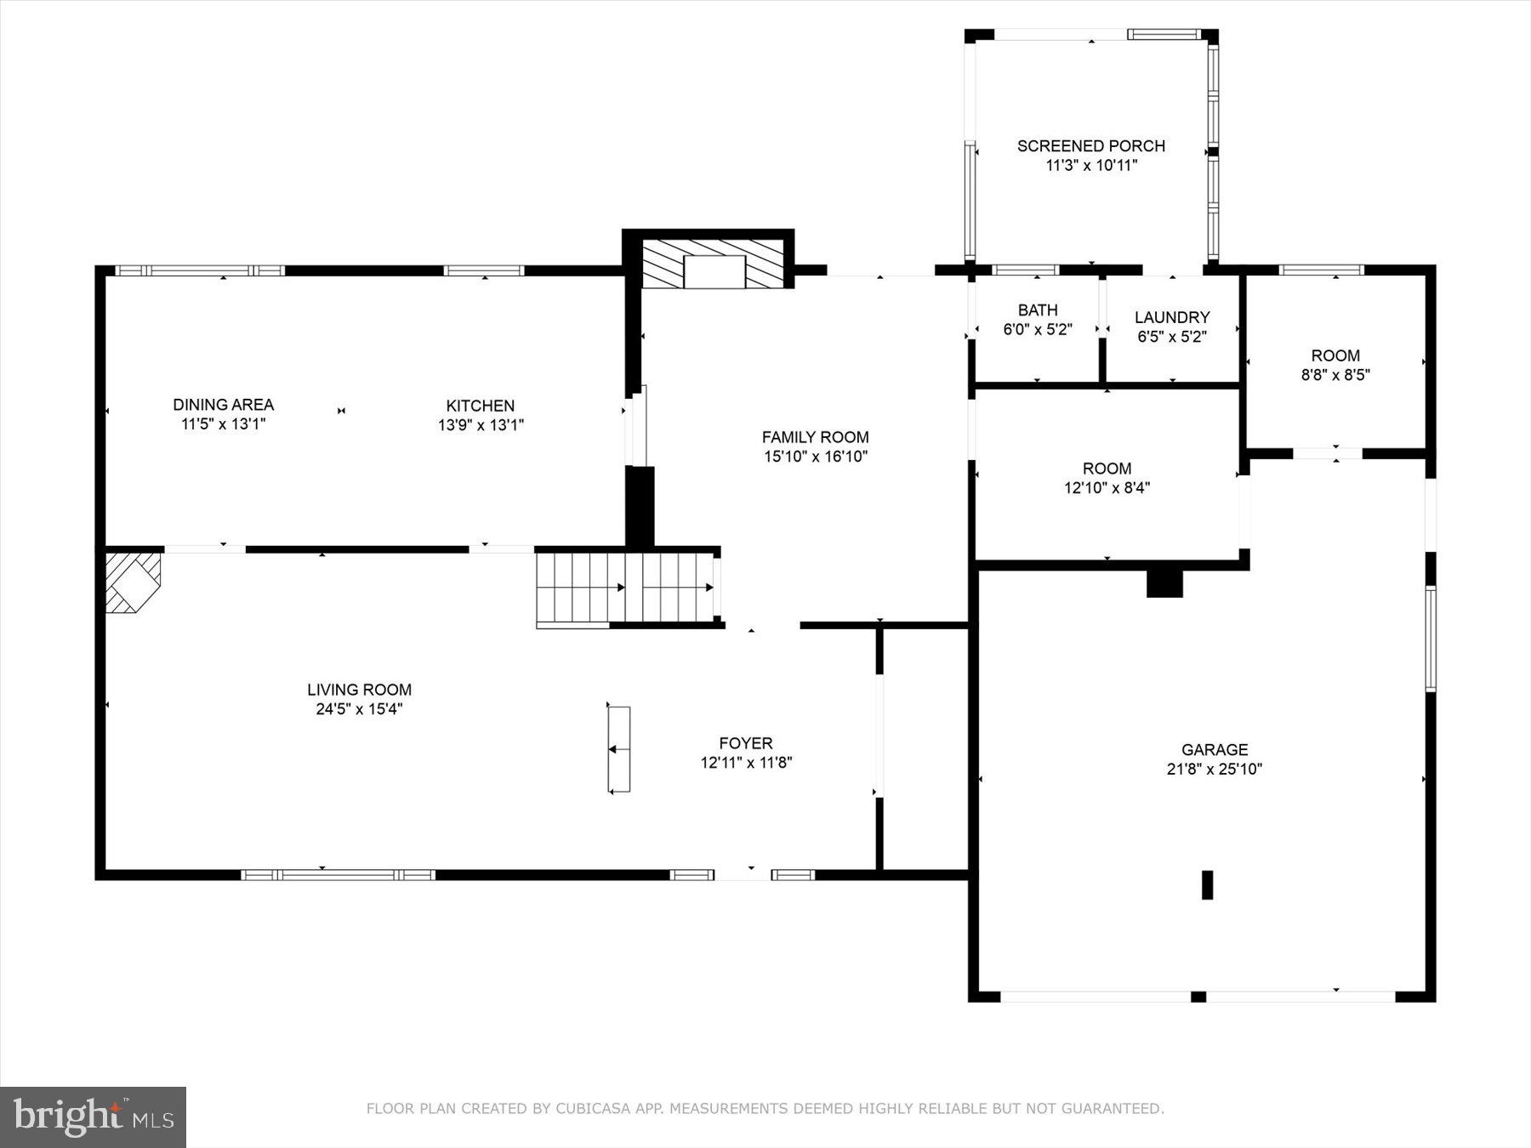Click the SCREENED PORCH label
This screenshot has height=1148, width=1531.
pyautogui.click(x=1090, y=146)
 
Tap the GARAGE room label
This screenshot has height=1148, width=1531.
pyautogui.click(x=1214, y=750)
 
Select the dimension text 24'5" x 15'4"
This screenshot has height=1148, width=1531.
pyautogui.click(x=359, y=709)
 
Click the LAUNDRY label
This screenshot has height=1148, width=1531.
pyautogui.click(x=1171, y=318)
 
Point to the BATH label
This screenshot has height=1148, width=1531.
pyautogui.click(x=1038, y=310)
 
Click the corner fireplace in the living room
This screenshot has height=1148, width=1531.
pyautogui.click(x=132, y=581)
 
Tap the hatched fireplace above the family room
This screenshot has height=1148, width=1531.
pyautogui.click(x=713, y=264)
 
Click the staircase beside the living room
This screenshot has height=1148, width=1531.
pyautogui.click(x=626, y=588)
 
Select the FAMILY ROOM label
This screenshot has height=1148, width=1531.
pyautogui.click(x=815, y=438)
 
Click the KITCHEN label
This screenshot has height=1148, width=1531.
pyautogui.click(x=481, y=406)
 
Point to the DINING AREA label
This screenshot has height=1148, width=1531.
pyautogui.click(x=223, y=405)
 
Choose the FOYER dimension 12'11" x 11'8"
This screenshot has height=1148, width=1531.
pyautogui.click(x=746, y=763)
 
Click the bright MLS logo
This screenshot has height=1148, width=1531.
pyautogui.click(x=93, y=1117)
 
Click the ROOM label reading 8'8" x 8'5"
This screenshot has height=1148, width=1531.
pyautogui.click(x=1335, y=356)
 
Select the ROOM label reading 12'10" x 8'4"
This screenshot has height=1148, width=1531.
pyautogui.click(x=1107, y=469)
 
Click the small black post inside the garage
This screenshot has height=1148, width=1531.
pyautogui.click(x=1206, y=884)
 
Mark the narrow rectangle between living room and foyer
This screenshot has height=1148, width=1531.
pyautogui.click(x=619, y=749)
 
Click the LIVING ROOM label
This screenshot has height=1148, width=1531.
pyautogui.click(x=359, y=690)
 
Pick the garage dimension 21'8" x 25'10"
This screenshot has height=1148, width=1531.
pyautogui.click(x=1214, y=770)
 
